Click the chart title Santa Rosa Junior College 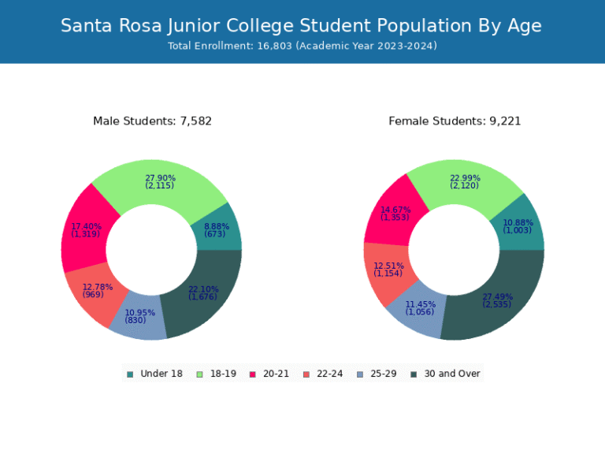click(302, 25)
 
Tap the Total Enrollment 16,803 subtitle click(302, 46)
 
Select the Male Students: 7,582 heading click(152, 121)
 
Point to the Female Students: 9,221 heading click(455, 121)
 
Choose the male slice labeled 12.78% click(98, 291)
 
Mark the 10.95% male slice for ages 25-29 click(139, 316)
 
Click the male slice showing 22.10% click(203, 293)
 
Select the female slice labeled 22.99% click(465, 182)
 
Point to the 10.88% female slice click(518, 226)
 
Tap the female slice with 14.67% click(395, 213)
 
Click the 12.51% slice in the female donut click(388, 270)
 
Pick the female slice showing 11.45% click(420, 308)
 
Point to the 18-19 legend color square click(199, 374)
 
